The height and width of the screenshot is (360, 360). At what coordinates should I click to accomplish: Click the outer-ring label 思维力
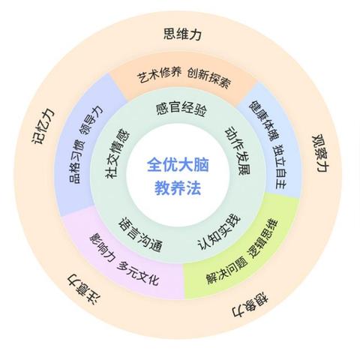(182, 34)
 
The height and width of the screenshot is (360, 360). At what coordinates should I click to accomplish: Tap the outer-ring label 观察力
(321, 154)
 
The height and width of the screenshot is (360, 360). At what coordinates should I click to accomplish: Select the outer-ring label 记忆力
(43, 126)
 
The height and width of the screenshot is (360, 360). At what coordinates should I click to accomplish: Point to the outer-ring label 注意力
(84, 289)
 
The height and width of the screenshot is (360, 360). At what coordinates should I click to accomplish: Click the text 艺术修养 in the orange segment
(159, 75)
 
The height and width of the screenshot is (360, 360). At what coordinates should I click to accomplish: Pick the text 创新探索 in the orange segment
(209, 78)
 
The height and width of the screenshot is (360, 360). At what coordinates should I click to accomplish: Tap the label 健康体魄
(265, 121)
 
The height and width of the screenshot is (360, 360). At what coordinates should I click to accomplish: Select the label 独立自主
(280, 166)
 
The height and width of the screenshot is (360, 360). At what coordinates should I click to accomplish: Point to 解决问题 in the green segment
(227, 271)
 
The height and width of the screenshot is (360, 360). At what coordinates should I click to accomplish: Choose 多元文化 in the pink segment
(138, 273)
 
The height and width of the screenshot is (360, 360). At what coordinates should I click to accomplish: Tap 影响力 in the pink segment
(102, 247)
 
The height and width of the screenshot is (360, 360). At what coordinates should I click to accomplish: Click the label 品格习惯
(76, 162)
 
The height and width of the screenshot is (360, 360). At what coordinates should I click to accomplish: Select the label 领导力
(91, 120)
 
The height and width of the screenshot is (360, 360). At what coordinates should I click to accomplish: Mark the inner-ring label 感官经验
(181, 109)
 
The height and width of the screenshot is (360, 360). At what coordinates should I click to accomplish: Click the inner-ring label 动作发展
(238, 150)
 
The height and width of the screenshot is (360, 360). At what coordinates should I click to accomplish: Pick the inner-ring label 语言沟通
(140, 234)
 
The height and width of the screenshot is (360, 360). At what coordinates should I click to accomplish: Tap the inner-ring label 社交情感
(118, 153)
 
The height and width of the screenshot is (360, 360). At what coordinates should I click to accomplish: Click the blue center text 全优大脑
(178, 165)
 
